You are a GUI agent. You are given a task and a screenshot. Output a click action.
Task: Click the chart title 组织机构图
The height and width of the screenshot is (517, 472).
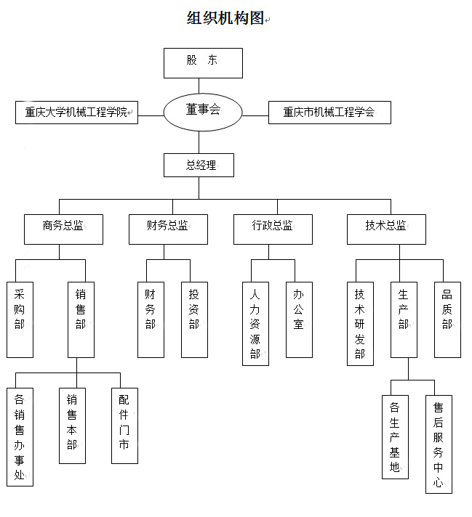click(225, 19)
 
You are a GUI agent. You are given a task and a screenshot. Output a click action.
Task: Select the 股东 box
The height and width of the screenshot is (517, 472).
click(203, 62)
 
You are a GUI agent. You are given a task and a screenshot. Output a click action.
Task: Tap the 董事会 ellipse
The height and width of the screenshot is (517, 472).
click(202, 111)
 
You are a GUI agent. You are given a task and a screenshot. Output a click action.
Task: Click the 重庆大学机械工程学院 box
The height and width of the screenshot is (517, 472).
click(76, 113)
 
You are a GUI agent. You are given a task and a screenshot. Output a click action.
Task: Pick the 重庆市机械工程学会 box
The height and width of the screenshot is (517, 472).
click(329, 113)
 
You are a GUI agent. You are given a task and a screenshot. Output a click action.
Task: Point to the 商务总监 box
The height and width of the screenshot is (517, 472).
click(63, 228)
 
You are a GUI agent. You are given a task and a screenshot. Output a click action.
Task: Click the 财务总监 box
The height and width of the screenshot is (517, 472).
click(168, 228)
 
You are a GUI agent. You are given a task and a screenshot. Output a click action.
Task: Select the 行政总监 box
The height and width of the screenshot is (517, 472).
click(273, 228)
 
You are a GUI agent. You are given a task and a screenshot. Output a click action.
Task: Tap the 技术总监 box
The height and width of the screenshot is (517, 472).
click(386, 228)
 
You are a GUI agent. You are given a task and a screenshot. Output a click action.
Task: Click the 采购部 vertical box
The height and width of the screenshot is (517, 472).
click(20, 319)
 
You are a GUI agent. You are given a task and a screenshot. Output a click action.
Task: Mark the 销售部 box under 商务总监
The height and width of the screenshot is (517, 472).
click(81, 319)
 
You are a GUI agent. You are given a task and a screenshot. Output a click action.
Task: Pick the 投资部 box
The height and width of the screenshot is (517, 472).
click(194, 319)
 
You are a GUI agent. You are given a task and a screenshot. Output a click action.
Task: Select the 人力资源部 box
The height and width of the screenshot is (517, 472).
click(255, 323)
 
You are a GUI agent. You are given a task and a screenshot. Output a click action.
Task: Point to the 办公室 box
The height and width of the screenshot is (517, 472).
click(299, 319)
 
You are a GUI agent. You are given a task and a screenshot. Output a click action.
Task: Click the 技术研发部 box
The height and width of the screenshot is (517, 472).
click(360, 323)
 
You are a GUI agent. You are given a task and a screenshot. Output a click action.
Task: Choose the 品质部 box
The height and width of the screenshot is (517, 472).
click(447, 319)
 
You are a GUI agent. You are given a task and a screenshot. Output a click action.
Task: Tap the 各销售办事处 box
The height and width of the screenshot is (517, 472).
click(20, 436)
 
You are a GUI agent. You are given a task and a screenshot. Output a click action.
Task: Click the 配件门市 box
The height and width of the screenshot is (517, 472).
click(124, 426)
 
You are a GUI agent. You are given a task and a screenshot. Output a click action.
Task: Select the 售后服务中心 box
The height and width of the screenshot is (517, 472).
click(439, 444)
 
